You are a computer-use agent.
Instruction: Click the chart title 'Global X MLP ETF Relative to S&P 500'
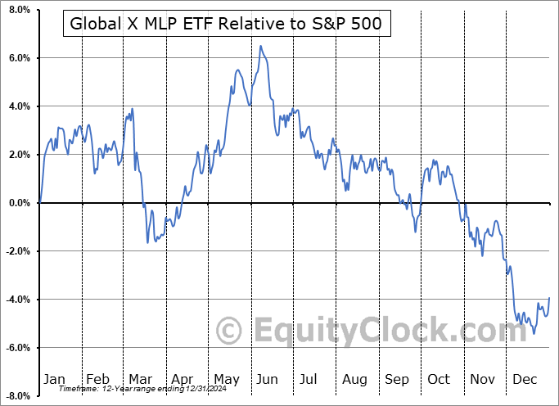tap(226, 24)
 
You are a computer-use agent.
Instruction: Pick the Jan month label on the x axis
tap(54, 379)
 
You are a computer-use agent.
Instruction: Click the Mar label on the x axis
tap(140, 379)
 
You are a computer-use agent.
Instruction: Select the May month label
tap(226, 379)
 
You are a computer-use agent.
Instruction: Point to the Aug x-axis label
tap(354, 379)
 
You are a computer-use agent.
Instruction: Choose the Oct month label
tap(440, 379)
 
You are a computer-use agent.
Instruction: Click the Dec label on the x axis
tap(525, 379)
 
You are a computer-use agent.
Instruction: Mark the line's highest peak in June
tap(260, 46)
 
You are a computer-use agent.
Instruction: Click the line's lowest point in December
tap(534, 333)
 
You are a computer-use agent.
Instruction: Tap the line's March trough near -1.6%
tap(148, 242)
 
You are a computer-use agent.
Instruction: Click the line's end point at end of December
tap(548, 297)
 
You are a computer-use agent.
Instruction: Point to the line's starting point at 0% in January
tap(39, 202)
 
